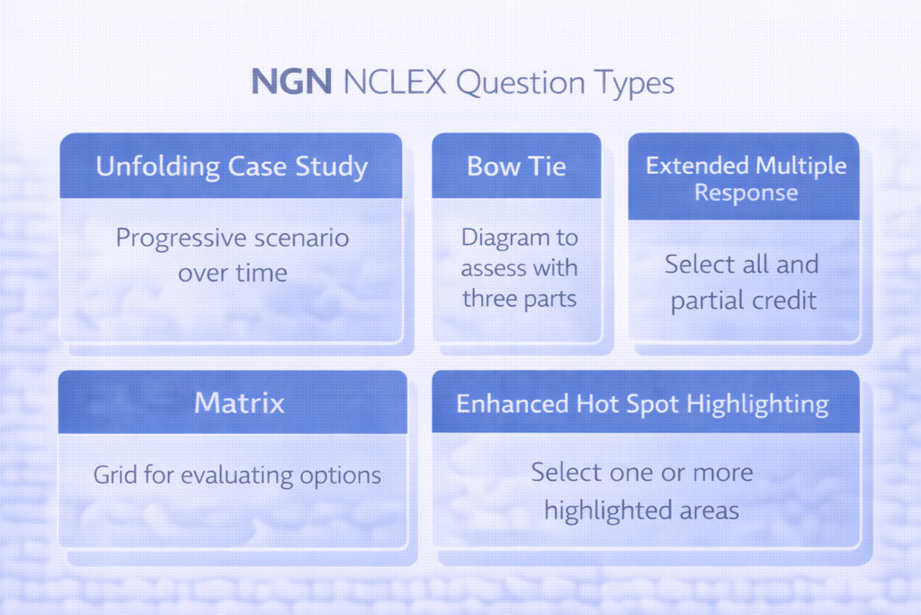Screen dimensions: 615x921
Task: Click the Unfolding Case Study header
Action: pyautogui.click(x=231, y=167)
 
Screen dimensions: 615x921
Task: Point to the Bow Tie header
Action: pyautogui.click(x=516, y=167)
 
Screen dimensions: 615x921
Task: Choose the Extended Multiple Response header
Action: pyautogui.click(x=746, y=178)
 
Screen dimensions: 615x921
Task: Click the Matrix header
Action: pyautogui.click(x=238, y=402)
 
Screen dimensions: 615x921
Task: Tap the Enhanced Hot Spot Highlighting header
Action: pyautogui.click(x=642, y=403)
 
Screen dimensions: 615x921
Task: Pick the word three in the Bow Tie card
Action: pyautogui.click(x=489, y=299)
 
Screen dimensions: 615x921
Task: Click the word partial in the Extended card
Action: pyautogui.click(x=705, y=301)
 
